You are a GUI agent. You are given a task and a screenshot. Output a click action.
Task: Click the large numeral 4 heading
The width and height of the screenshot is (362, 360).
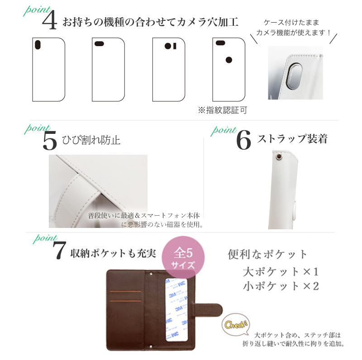[50, 20]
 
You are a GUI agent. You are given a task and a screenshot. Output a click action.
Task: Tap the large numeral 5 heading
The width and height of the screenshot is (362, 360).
[50, 140]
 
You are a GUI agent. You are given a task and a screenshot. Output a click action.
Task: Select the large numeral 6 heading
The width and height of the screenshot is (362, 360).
[243, 140]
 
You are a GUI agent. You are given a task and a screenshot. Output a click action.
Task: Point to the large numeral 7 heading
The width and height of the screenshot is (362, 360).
[59, 251]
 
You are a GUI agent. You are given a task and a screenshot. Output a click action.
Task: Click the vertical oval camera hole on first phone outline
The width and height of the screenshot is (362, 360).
[38, 44]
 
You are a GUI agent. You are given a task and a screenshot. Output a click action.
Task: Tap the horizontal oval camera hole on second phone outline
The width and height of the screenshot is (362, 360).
[99, 43]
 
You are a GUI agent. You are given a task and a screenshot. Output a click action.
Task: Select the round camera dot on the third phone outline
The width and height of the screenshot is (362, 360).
[168, 46]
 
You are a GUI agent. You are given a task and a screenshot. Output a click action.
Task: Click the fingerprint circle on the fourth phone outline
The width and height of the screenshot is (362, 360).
[229, 60]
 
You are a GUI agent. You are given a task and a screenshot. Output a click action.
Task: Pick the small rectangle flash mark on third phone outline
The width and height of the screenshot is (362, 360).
[175, 46]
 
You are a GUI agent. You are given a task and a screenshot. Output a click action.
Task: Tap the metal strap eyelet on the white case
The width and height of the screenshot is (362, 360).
[279, 157]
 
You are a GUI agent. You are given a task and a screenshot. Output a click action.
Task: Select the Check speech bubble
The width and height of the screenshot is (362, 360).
[236, 325]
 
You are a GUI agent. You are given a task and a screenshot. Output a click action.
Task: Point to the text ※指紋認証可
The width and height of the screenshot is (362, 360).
[223, 110]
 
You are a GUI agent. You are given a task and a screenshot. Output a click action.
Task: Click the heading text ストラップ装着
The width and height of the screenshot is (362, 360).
[292, 139]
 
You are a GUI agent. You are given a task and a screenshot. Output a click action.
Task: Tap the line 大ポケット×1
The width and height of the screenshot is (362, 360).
[281, 272]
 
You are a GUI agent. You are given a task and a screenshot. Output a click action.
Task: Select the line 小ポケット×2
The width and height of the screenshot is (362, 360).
[281, 286]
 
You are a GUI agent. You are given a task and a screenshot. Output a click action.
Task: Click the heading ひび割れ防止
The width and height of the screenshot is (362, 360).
[91, 140]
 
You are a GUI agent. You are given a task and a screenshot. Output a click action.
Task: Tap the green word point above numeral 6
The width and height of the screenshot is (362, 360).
[224, 131]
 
